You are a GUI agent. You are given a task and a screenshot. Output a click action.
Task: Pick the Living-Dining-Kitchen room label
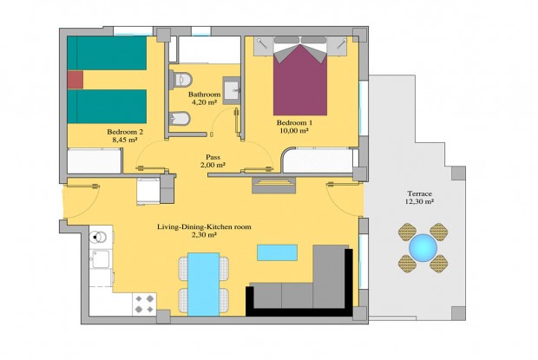pyautogui.click(x=204, y=226)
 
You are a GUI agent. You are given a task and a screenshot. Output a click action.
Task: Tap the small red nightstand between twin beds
pyautogui.click(x=75, y=79)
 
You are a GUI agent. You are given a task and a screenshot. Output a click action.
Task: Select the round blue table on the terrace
pyautogui.click(x=423, y=247)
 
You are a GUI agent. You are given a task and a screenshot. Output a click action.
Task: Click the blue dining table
pyautogui.click(x=204, y=282)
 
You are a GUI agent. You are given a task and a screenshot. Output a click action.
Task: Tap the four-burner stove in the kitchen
pyautogui.click(x=143, y=304)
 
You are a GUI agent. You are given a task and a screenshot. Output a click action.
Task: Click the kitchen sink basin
pyautogui.click(x=102, y=259)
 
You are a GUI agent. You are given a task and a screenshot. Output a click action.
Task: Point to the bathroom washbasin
pyautogui.click(x=232, y=89)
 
